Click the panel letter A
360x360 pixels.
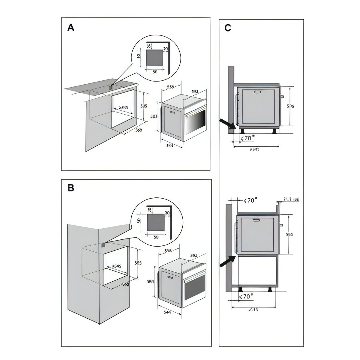tap(71, 28)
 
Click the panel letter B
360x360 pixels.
tap(71, 188)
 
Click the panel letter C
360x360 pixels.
tap(228, 28)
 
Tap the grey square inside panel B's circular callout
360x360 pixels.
tap(155, 223)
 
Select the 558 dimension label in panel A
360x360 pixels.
tap(170, 87)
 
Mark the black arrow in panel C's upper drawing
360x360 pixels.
tap(226, 123)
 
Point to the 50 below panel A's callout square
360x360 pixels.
tap(155, 72)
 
